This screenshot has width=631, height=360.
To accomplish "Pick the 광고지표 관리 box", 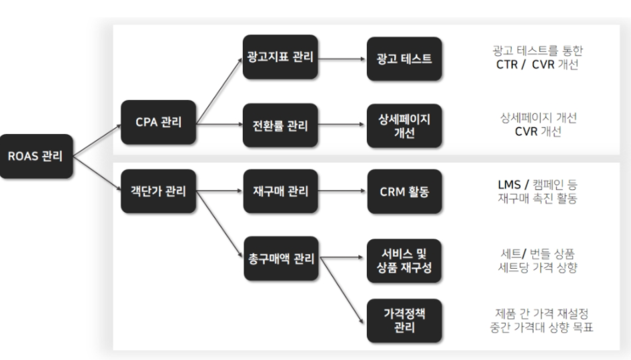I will [x=279, y=58].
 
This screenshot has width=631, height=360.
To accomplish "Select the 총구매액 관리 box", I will [x=279, y=257].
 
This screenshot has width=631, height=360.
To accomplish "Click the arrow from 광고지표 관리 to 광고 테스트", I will [x=342, y=58].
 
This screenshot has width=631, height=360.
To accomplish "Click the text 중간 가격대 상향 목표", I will [x=542, y=327].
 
